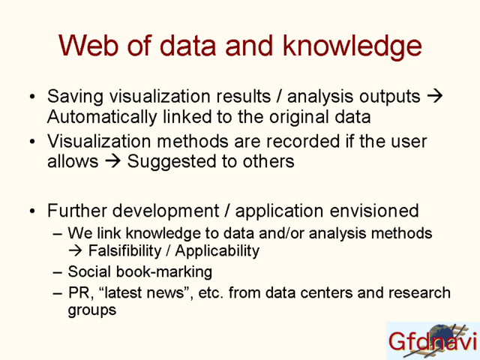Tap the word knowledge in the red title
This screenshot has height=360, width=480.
point(352,46)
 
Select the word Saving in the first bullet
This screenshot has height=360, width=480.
point(75,97)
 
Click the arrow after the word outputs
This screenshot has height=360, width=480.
point(435,96)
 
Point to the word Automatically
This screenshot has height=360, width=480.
point(102,118)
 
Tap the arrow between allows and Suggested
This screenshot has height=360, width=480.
point(113,161)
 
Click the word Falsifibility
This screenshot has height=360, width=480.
point(125,250)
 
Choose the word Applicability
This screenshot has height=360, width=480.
point(217,251)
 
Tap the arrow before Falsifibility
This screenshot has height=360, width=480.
point(76,250)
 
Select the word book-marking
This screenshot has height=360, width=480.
point(164,271)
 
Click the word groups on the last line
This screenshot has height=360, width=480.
point(92,310)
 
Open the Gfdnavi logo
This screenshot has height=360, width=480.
point(433,340)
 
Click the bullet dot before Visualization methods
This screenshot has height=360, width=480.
point(32,142)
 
